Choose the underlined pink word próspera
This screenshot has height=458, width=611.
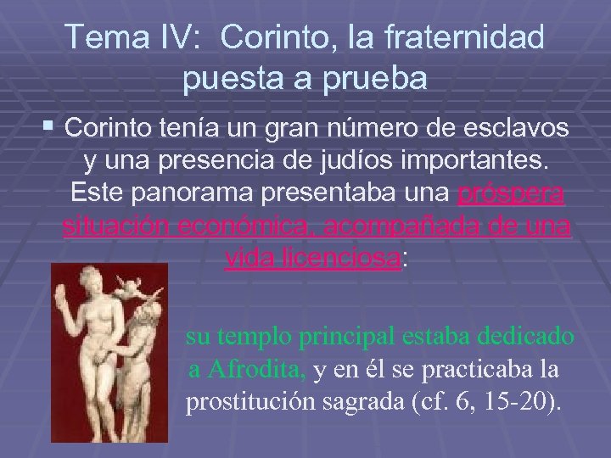pos(513,194)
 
